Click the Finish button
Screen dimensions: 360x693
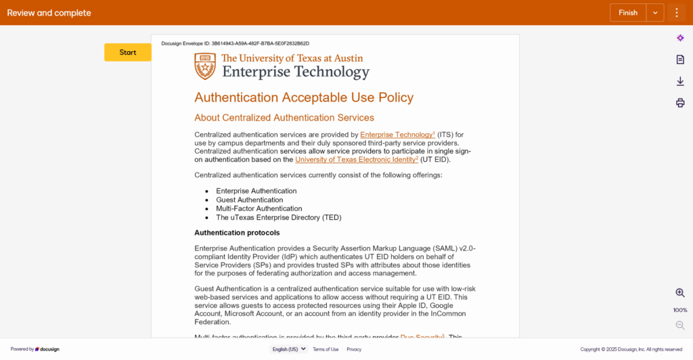(x=628, y=13)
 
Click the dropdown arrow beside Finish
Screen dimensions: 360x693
(x=655, y=13)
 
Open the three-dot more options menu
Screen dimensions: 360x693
(x=677, y=13)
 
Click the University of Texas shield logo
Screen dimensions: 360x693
(x=205, y=66)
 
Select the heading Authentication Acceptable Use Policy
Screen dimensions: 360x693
(x=304, y=97)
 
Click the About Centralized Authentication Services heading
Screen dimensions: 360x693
(x=284, y=118)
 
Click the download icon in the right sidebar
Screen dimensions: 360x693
(x=680, y=81)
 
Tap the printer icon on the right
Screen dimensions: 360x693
(x=680, y=103)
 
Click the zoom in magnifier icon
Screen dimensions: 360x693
(x=680, y=293)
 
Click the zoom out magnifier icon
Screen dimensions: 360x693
(x=680, y=325)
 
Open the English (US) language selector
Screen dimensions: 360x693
(x=288, y=349)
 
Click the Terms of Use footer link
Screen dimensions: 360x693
(x=326, y=349)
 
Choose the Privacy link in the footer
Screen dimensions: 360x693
(x=354, y=349)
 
